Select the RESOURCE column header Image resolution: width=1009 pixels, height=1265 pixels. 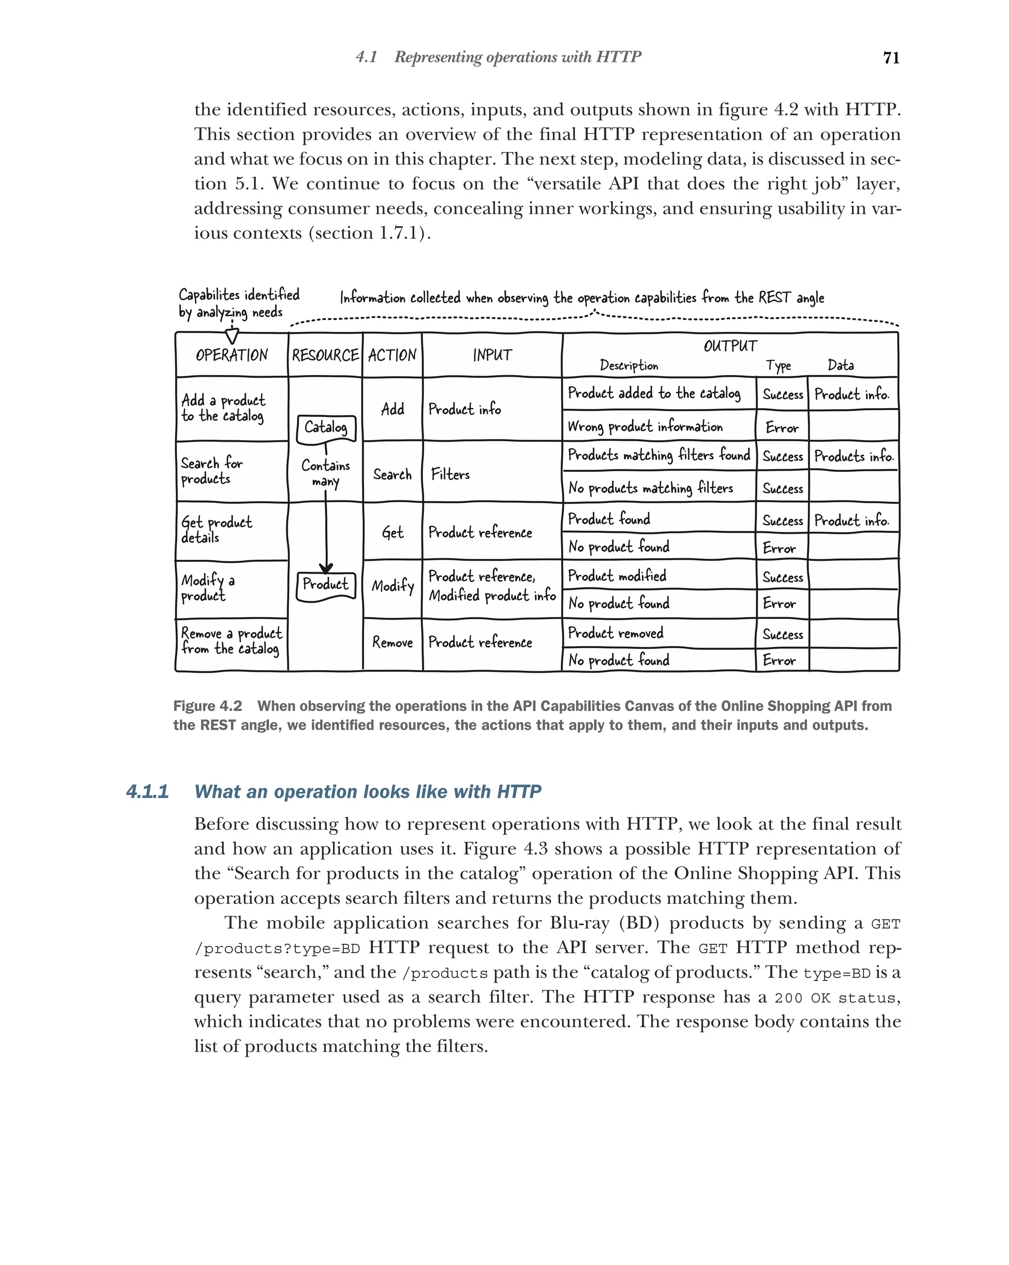(x=325, y=355)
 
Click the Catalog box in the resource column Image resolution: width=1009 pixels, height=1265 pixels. (x=326, y=428)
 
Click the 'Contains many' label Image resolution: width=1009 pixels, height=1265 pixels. (x=326, y=473)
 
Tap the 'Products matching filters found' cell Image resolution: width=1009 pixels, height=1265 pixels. (x=659, y=455)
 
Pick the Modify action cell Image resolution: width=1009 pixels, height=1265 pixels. (x=392, y=585)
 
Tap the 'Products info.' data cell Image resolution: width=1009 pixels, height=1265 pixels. (x=853, y=456)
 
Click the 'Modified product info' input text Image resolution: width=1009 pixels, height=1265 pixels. (x=492, y=595)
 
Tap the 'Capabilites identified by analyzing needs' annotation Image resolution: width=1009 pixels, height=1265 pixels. (x=238, y=303)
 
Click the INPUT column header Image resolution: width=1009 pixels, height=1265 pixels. (x=492, y=355)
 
